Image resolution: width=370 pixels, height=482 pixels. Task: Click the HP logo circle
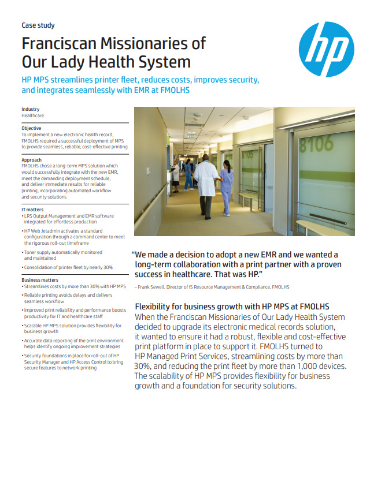(x=328, y=49)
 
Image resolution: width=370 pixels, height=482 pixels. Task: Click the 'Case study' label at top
(x=38, y=26)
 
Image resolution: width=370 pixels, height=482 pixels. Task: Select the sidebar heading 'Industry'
(x=31, y=109)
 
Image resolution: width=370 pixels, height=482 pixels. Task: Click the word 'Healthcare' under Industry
(x=33, y=115)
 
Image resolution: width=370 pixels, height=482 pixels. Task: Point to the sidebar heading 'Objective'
(x=31, y=128)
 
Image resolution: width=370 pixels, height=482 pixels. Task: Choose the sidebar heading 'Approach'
(x=31, y=160)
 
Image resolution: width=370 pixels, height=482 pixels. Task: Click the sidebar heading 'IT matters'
(x=32, y=210)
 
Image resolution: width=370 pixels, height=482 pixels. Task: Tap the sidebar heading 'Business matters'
(x=40, y=280)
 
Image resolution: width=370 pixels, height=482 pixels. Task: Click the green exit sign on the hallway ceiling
(x=191, y=136)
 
